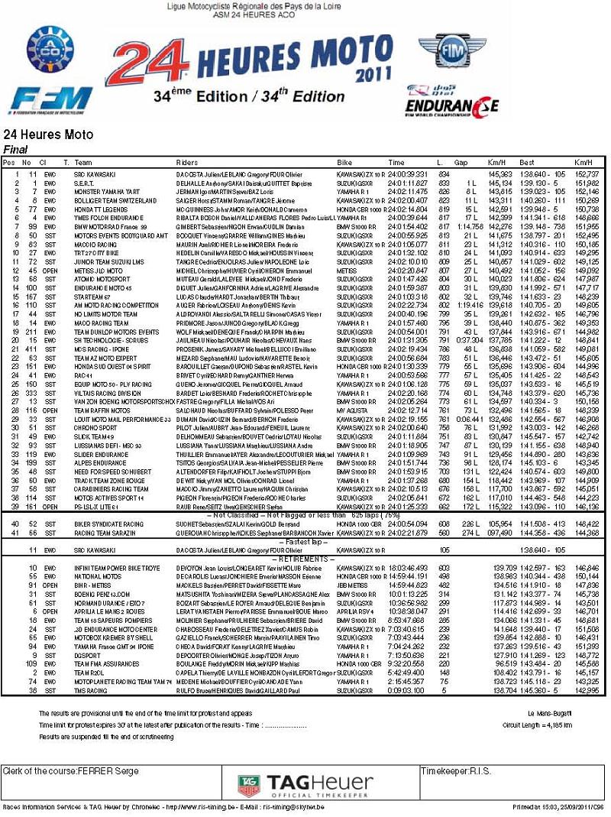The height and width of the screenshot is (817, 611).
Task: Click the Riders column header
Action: pos(187,163)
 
